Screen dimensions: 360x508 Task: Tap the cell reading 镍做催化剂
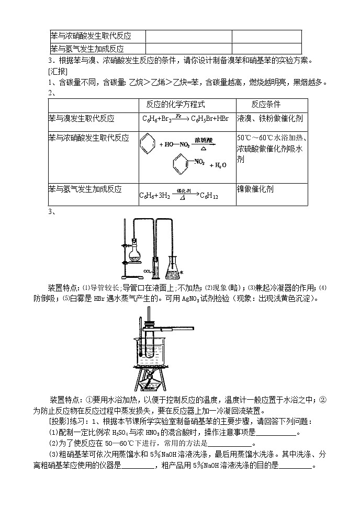[255, 189]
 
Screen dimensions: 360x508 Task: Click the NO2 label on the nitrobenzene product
[200, 162]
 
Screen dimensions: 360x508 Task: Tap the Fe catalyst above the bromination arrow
[179, 115]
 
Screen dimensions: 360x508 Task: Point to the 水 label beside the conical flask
[182, 273]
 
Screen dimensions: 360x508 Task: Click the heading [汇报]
[57, 71]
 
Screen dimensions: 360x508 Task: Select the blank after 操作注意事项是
[277, 433]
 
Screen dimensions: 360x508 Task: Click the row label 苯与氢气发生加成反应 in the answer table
[86, 189]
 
